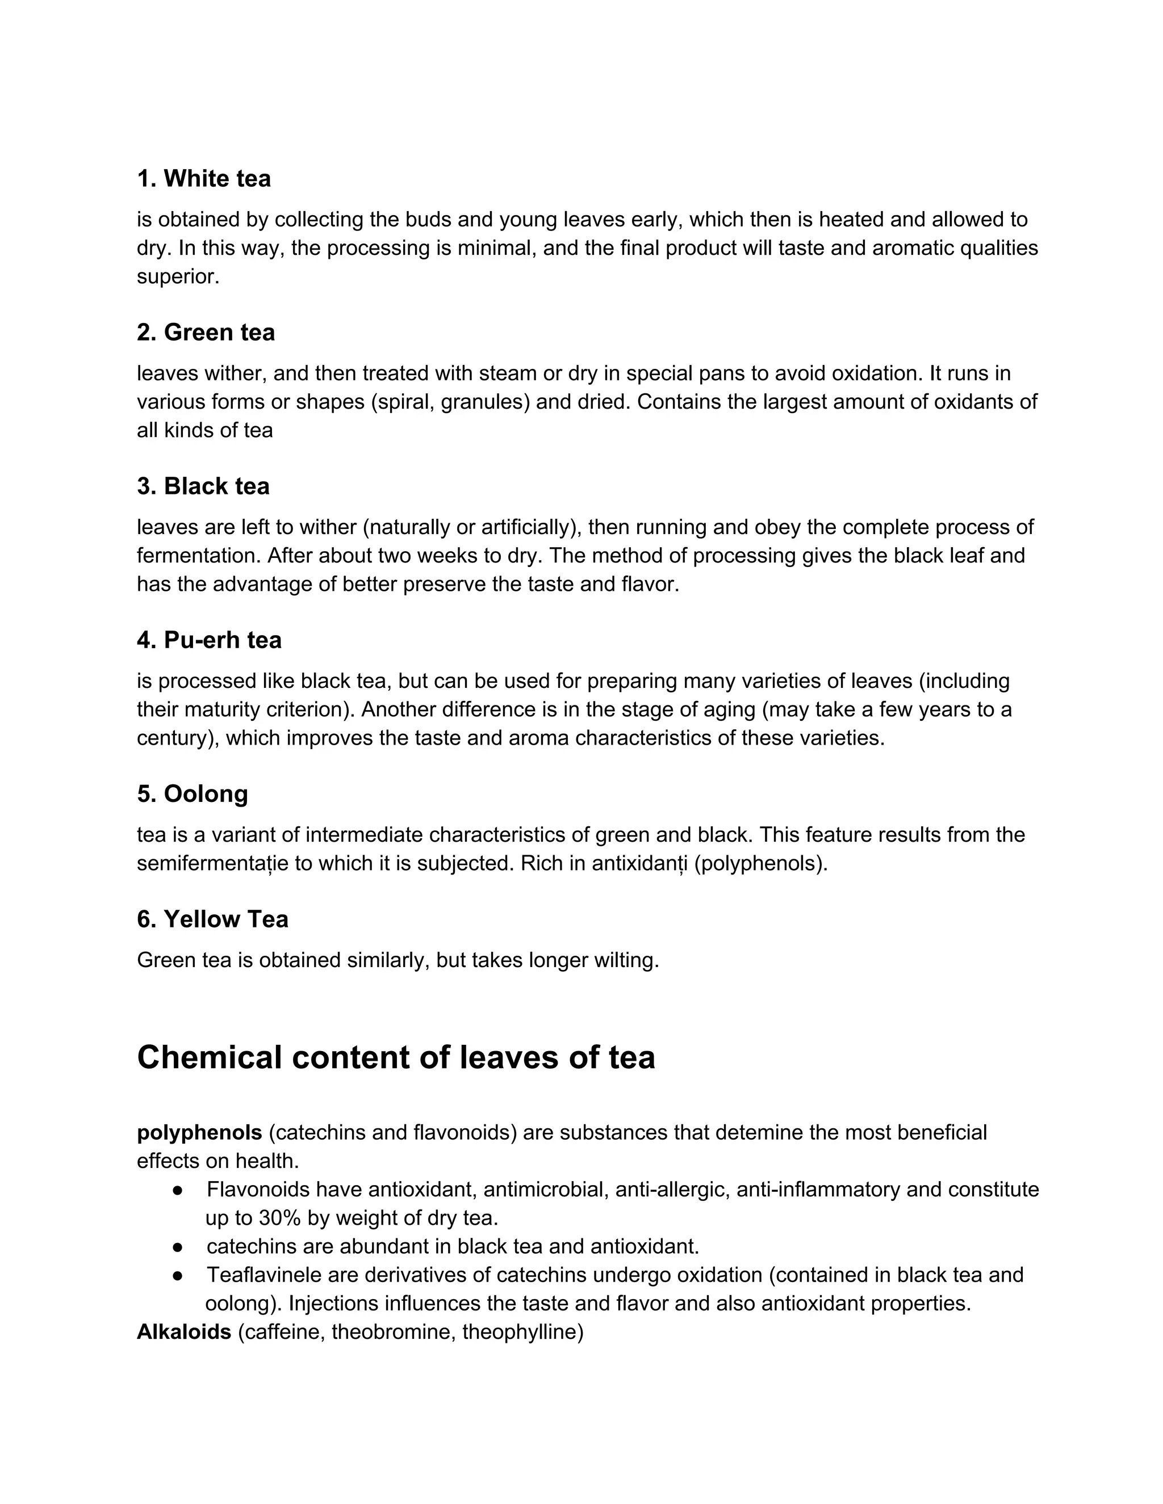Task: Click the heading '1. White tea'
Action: pyautogui.click(x=203, y=179)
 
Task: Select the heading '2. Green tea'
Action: pyautogui.click(x=206, y=333)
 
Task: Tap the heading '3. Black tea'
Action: pyautogui.click(x=203, y=486)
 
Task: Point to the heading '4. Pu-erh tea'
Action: pyautogui.click(x=209, y=640)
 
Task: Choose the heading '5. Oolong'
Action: pyautogui.click(x=193, y=794)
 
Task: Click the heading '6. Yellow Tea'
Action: pyautogui.click(x=212, y=919)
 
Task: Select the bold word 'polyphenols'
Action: pyautogui.click(x=199, y=1132)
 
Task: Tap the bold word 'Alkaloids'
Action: pyautogui.click(x=184, y=1332)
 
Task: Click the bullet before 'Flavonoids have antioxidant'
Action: pyautogui.click(x=178, y=1190)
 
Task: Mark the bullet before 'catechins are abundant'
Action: pyautogui.click(x=178, y=1246)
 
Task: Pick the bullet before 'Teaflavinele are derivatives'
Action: pyautogui.click(x=178, y=1275)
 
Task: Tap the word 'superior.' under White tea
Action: pyautogui.click(x=178, y=277)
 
